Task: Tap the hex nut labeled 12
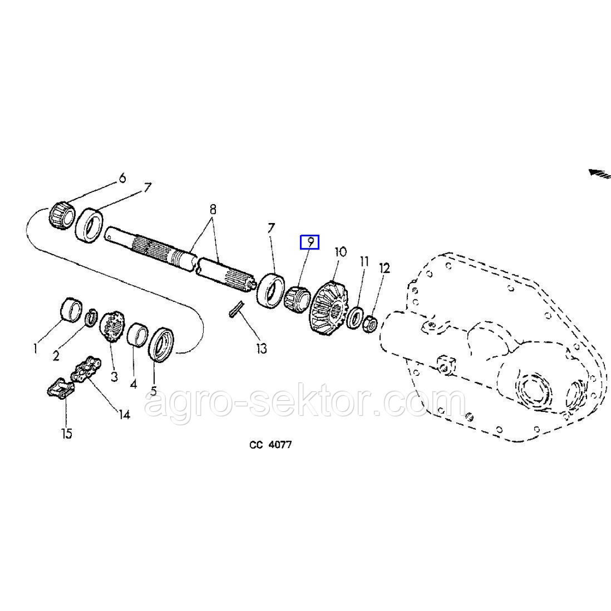point(370,323)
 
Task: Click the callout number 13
point(262,349)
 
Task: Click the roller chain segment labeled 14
point(86,369)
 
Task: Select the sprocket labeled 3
point(112,326)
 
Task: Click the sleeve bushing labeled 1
point(71,310)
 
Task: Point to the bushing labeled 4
point(137,335)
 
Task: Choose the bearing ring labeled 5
point(162,344)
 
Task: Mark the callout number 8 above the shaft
point(213,209)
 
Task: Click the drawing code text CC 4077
point(270,445)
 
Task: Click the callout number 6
point(122,178)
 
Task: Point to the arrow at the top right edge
point(600,173)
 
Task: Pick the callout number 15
point(67,433)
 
